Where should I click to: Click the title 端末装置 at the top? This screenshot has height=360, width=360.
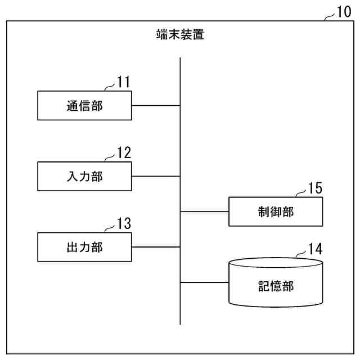click(180, 35)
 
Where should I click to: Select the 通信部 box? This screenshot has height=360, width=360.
click(85, 105)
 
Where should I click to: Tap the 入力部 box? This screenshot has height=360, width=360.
click(85, 176)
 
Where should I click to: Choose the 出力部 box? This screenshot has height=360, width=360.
click(85, 247)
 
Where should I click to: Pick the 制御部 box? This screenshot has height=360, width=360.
click(276, 211)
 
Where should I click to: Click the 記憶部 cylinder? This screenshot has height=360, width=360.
click(276, 284)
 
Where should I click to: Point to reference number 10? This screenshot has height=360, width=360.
click(343, 12)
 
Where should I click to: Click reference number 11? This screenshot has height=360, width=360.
click(124, 82)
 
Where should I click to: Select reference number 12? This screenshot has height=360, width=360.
click(124, 152)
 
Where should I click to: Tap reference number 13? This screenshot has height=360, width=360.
click(124, 223)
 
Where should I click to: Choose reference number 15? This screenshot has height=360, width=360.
click(316, 188)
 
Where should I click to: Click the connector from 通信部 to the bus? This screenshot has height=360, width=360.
click(156, 105)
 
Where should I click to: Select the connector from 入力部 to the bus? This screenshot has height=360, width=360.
click(156, 176)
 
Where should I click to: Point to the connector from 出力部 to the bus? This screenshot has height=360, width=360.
click(156, 247)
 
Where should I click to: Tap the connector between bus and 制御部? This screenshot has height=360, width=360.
click(204, 211)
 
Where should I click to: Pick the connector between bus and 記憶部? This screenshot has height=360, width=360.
click(204, 283)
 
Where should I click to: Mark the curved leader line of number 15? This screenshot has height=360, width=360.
click(301, 195)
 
